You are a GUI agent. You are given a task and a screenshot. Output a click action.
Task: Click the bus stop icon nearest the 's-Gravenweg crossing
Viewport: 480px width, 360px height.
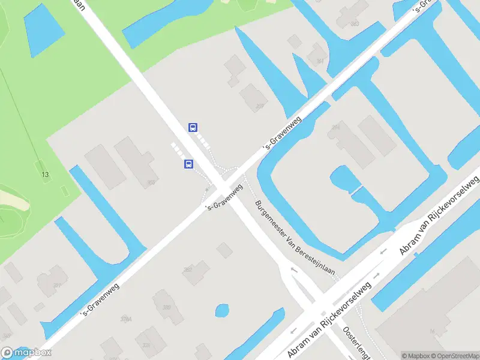[188, 164]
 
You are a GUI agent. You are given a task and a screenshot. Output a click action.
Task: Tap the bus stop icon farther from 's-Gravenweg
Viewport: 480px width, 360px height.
[193, 127]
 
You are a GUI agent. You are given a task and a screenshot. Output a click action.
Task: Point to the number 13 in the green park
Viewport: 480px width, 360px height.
[45, 175]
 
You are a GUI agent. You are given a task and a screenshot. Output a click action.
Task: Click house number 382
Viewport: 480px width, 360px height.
[188, 270]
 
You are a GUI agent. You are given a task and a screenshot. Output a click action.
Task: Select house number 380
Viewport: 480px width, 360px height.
[166, 307]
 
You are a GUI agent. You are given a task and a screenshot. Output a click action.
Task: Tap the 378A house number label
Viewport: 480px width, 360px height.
[125, 319]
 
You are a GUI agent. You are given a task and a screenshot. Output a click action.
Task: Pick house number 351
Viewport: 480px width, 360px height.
[58, 286]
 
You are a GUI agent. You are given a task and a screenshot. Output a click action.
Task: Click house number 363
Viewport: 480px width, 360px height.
[355, 23]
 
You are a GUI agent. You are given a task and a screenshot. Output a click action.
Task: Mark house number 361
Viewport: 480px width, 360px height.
[319, 61]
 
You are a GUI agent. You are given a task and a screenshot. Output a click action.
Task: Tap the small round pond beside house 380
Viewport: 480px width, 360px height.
[222, 310]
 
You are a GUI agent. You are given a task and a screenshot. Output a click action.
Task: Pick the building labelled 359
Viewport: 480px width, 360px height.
[151, 182]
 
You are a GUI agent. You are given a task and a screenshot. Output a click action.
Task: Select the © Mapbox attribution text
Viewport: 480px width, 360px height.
[414, 356]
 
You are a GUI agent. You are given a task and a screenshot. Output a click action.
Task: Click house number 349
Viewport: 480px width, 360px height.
[5, 335]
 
